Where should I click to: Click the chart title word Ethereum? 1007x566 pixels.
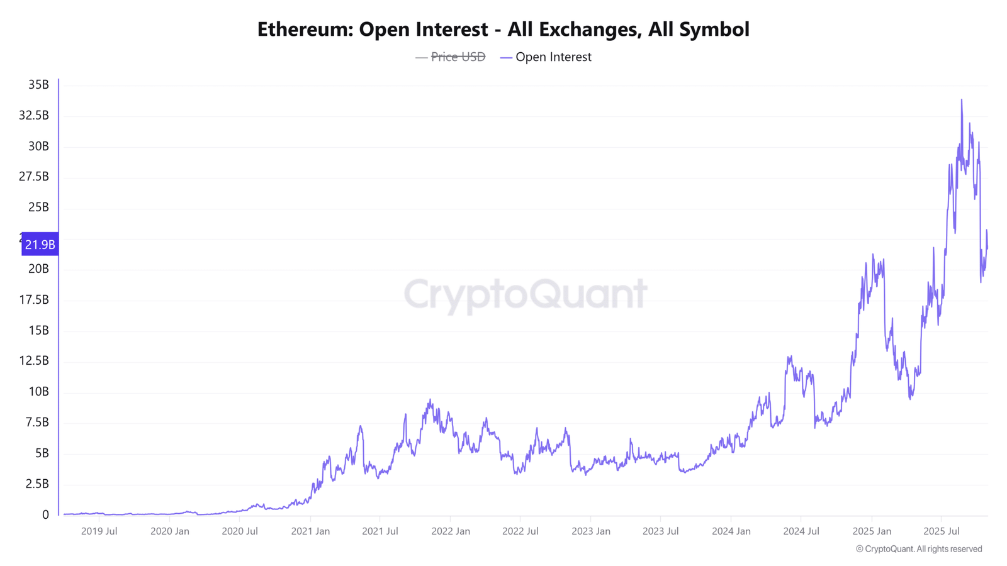(x=305, y=30)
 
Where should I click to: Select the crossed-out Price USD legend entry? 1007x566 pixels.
(x=451, y=57)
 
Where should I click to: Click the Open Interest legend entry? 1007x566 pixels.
(x=546, y=57)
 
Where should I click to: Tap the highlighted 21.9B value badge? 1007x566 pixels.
(x=40, y=244)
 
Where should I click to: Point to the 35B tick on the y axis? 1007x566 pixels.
(x=38, y=84)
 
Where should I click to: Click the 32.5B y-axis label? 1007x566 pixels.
(x=34, y=116)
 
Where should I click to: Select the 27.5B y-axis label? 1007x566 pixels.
(x=34, y=177)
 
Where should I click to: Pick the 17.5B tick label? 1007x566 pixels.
(x=34, y=299)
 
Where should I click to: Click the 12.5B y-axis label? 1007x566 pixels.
(x=34, y=361)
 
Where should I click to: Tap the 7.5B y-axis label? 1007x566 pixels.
(x=37, y=422)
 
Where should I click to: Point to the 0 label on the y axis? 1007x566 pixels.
(x=45, y=515)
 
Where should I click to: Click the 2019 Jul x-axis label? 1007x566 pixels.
(x=99, y=531)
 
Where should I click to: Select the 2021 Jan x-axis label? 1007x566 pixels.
(x=310, y=531)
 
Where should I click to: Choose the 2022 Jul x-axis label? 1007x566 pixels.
(x=520, y=531)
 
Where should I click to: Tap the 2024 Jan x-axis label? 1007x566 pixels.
(x=731, y=531)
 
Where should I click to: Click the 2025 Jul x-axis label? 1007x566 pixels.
(x=942, y=531)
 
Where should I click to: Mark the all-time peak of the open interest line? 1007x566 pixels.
(x=962, y=100)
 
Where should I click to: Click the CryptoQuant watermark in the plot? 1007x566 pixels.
(x=525, y=295)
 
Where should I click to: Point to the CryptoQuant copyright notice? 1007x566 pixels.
(x=919, y=549)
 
